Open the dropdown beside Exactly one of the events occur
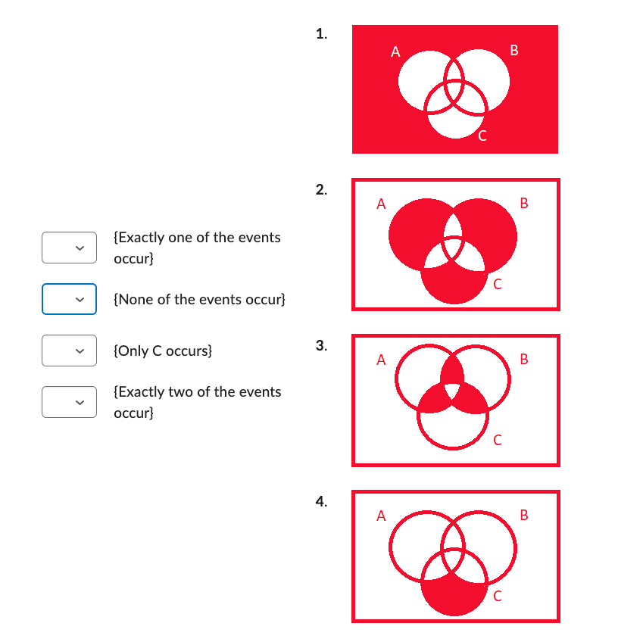(69, 248)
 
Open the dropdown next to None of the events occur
(69, 299)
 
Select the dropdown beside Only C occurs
(69, 351)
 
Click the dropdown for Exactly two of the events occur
(69, 402)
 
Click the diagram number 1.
(322, 33)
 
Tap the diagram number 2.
(322, 189)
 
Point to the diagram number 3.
(322, 346)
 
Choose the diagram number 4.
(322, 501)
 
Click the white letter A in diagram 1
(395, 52)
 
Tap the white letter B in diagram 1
(515, 51)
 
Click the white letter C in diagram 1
(482, 137)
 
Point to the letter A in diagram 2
(381, 204)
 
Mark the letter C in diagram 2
(497, 285)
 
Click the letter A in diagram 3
(381, 360)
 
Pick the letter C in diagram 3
(497, 441)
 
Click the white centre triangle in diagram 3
(453, 391)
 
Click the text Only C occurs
(163, 351)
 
